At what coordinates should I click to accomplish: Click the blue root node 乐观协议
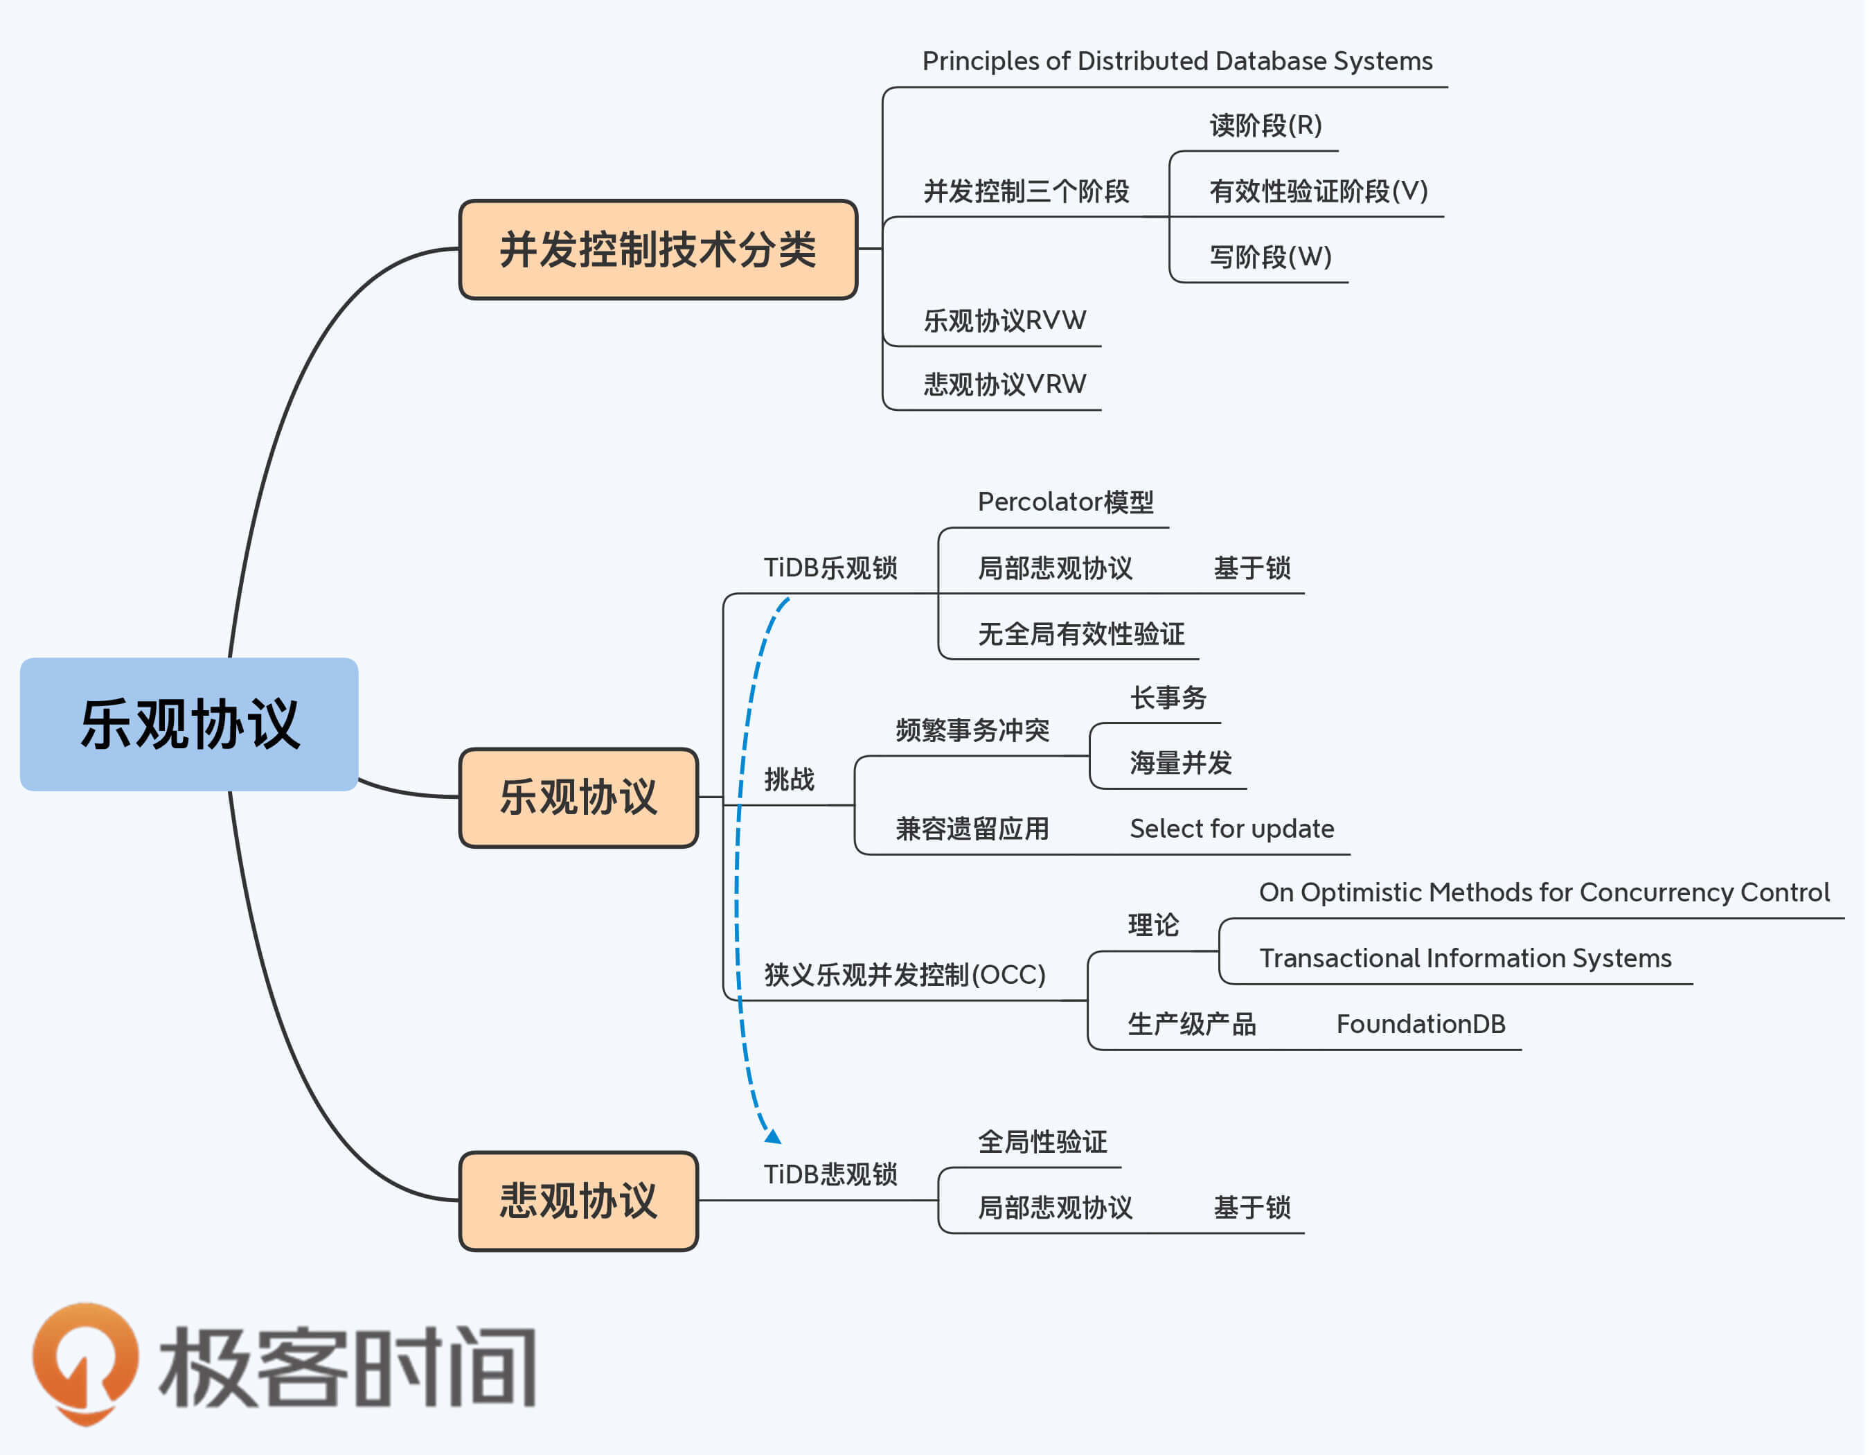coord(188,723)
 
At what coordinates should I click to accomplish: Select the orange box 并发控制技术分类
coord(657,249)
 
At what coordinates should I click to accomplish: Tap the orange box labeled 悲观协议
coord(579,1200)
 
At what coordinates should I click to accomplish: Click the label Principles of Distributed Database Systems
coord(1177,61)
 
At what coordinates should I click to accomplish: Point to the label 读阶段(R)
coord(1265,126)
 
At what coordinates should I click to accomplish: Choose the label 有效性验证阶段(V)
coord(1319,191)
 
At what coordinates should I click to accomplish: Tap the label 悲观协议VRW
coord(1004,384)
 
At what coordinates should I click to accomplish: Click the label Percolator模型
coord(1065,502)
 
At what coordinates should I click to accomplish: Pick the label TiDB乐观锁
coord(830,567)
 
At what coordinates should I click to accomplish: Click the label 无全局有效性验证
coord(1080,634)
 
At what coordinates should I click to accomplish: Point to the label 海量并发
coord(1180,762)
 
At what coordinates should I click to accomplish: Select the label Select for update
coord(1231,828)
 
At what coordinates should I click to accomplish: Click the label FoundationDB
coord(1421,1023)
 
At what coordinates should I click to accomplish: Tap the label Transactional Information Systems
coord(1465,958)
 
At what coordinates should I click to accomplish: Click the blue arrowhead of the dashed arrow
coord(773,1136)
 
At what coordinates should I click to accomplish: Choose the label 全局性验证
coord(1042,1142)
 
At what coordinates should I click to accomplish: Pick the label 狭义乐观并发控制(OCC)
coord(904,975)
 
